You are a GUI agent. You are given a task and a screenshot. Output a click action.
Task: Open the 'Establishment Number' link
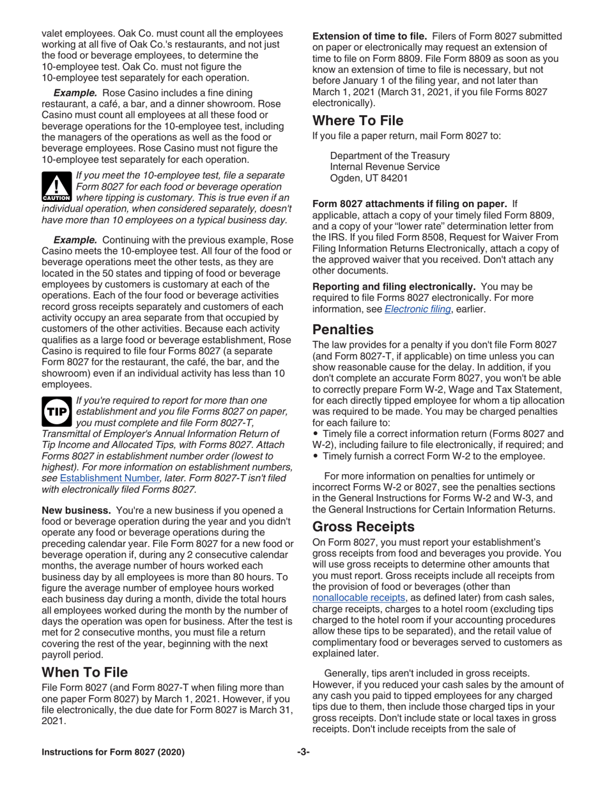tap(109, 477)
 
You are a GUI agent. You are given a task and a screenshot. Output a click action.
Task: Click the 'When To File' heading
tap(84, 672)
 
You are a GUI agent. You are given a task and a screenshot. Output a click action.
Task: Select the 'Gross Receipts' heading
tap(364, 527)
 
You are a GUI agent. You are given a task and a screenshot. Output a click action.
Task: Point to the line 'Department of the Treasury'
tap(389, 155)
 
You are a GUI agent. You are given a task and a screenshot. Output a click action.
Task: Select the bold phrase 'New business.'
tap(77, 510)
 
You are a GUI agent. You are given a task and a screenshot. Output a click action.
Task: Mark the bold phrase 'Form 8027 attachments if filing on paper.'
tap(410, 204)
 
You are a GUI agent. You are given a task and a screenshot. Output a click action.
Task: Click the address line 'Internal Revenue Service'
tap(385, 167)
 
